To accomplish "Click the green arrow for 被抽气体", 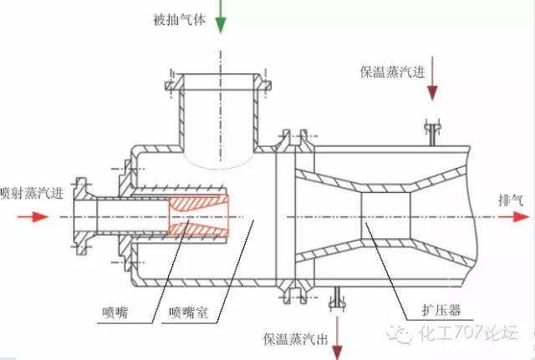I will (x=221, y=18).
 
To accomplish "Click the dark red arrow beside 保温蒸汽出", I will (x=337, y=335).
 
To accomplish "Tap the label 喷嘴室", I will (x=188, y=313).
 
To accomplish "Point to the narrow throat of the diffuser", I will (x=380, y=216).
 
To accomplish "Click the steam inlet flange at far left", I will (x=80, y=216).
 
